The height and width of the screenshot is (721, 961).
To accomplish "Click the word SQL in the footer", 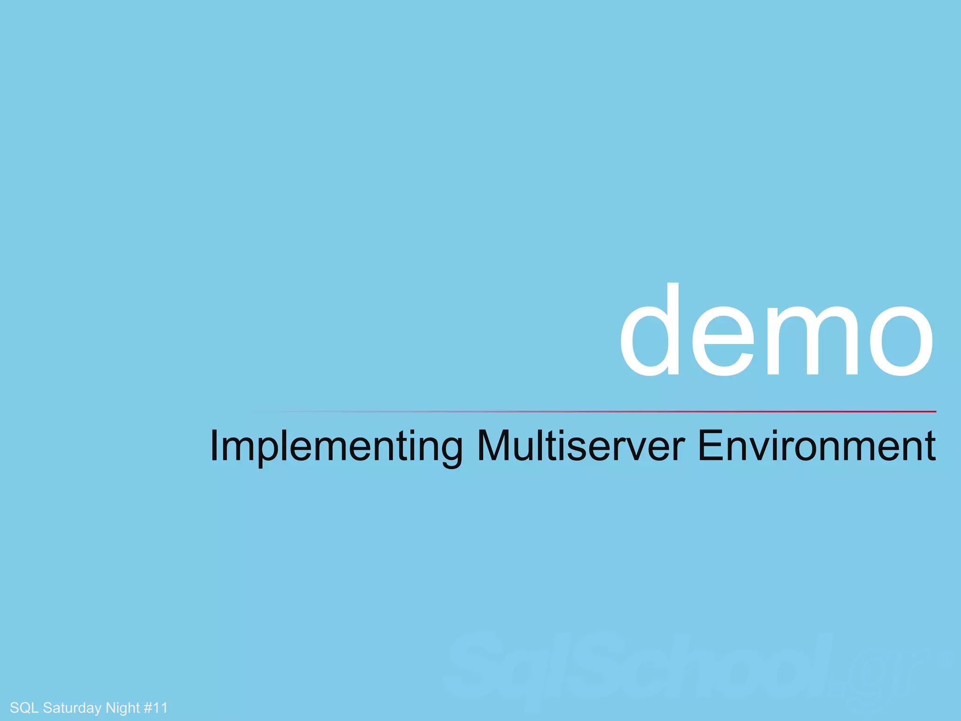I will click(24, 707).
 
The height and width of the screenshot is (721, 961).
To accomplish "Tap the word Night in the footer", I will click(122, 708).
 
